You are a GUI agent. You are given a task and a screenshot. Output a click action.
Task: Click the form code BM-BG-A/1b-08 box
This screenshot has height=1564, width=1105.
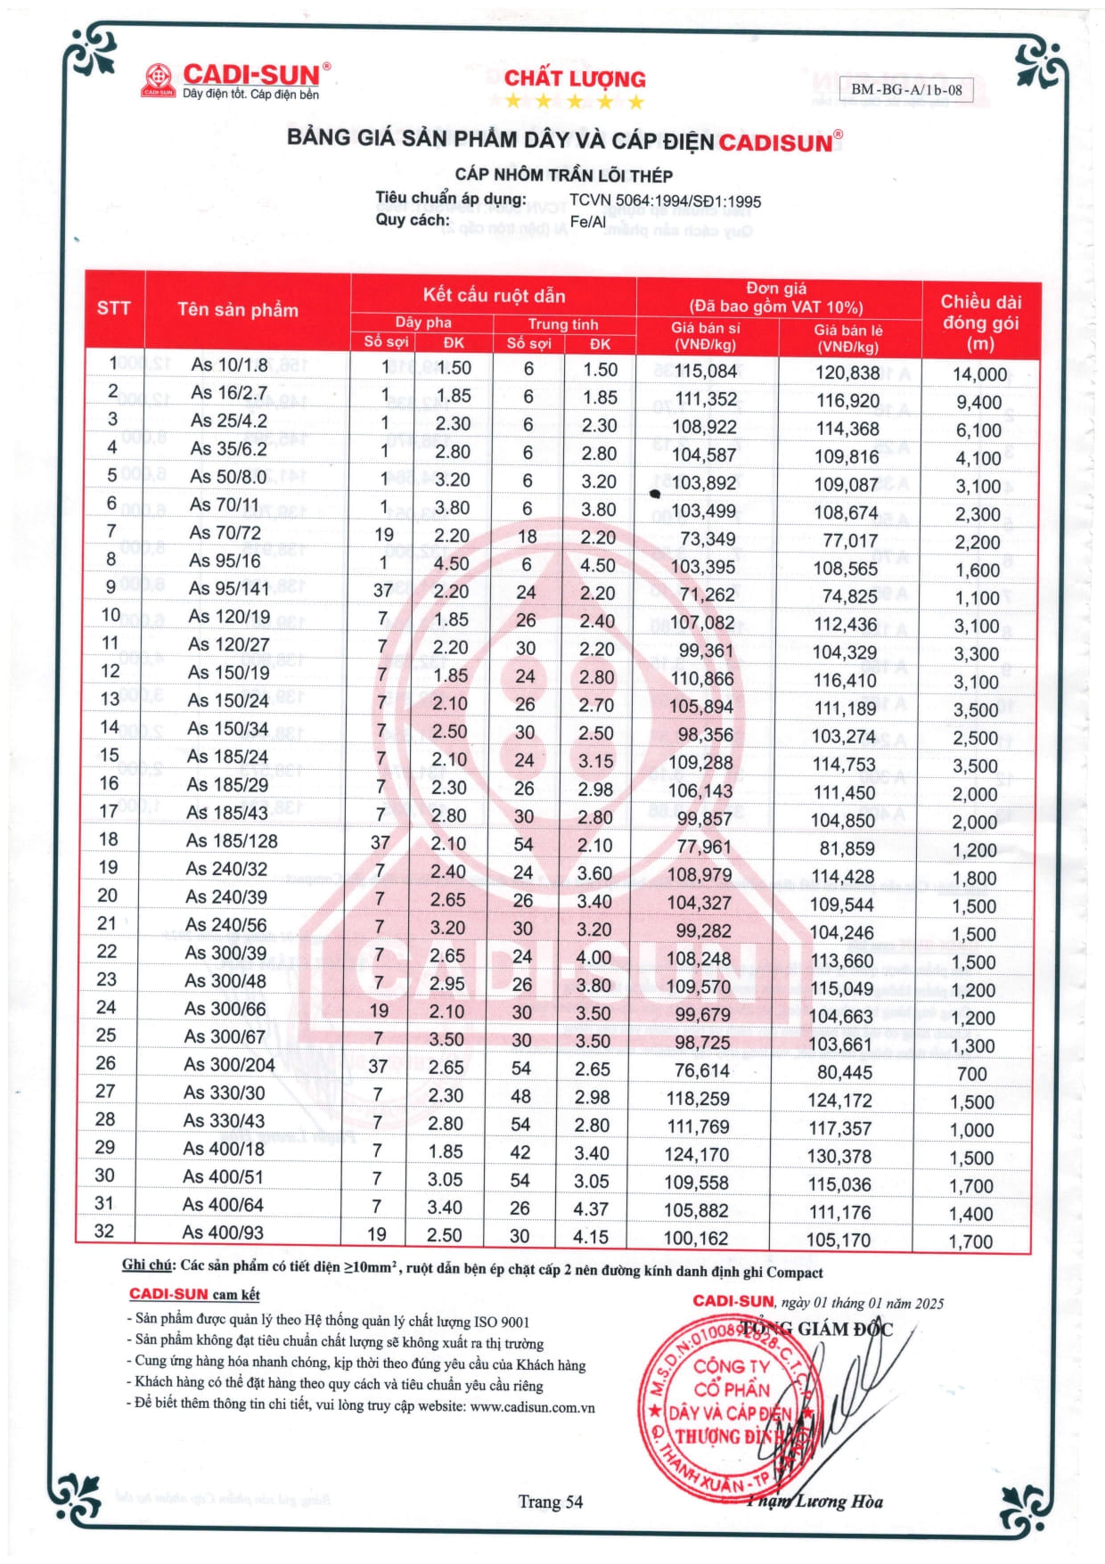[905, 89]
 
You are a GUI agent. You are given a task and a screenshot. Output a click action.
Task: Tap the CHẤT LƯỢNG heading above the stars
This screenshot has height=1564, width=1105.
[575, 78]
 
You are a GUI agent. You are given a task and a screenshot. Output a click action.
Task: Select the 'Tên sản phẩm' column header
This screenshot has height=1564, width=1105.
[237, 309]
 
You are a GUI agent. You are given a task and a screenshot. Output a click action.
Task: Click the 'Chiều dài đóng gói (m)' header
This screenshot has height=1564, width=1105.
[980, 322]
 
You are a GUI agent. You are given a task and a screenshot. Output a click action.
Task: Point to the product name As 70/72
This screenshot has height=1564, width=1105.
[225, 533]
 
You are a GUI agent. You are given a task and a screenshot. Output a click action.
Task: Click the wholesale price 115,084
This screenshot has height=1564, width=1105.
[706, 371]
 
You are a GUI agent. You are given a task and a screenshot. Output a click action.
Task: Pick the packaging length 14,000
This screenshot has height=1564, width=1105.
[979, 374]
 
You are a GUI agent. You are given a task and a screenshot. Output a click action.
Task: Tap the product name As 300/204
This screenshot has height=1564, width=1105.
[229, 1064]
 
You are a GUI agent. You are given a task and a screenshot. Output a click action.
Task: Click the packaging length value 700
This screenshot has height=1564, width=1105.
[971, 1074]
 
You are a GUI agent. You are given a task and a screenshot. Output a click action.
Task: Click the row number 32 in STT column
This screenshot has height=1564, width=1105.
[104, 1231]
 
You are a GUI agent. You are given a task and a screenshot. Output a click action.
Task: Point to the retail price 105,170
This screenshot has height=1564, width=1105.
[839, 1240]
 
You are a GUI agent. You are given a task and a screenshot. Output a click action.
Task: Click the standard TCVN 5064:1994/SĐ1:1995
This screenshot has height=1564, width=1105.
[665, 201]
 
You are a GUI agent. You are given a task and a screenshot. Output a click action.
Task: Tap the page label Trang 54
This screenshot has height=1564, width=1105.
[550, 1502]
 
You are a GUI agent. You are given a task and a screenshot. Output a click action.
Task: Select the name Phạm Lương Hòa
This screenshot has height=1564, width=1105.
[814, 1502]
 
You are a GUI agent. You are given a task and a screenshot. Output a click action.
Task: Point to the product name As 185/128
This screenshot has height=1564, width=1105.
[232, 840]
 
